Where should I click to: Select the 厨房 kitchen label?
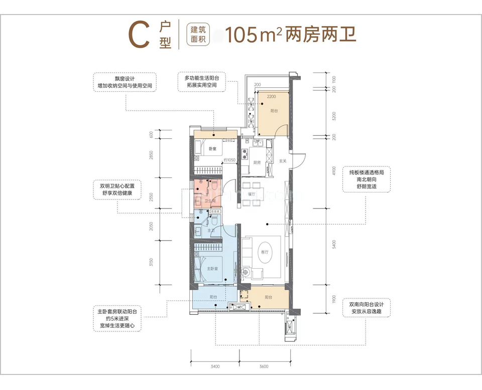click(x=257, y=162)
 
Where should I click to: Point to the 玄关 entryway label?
click(x=283, y=161)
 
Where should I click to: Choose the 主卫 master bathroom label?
click(x=211, y=231)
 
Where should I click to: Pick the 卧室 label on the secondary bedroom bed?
click(x=213, y=149)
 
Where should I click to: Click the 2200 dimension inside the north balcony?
click(x=272, y=96)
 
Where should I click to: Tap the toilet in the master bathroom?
click(x=214, y=220)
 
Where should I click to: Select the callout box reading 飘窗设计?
click(x=125, y=82)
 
